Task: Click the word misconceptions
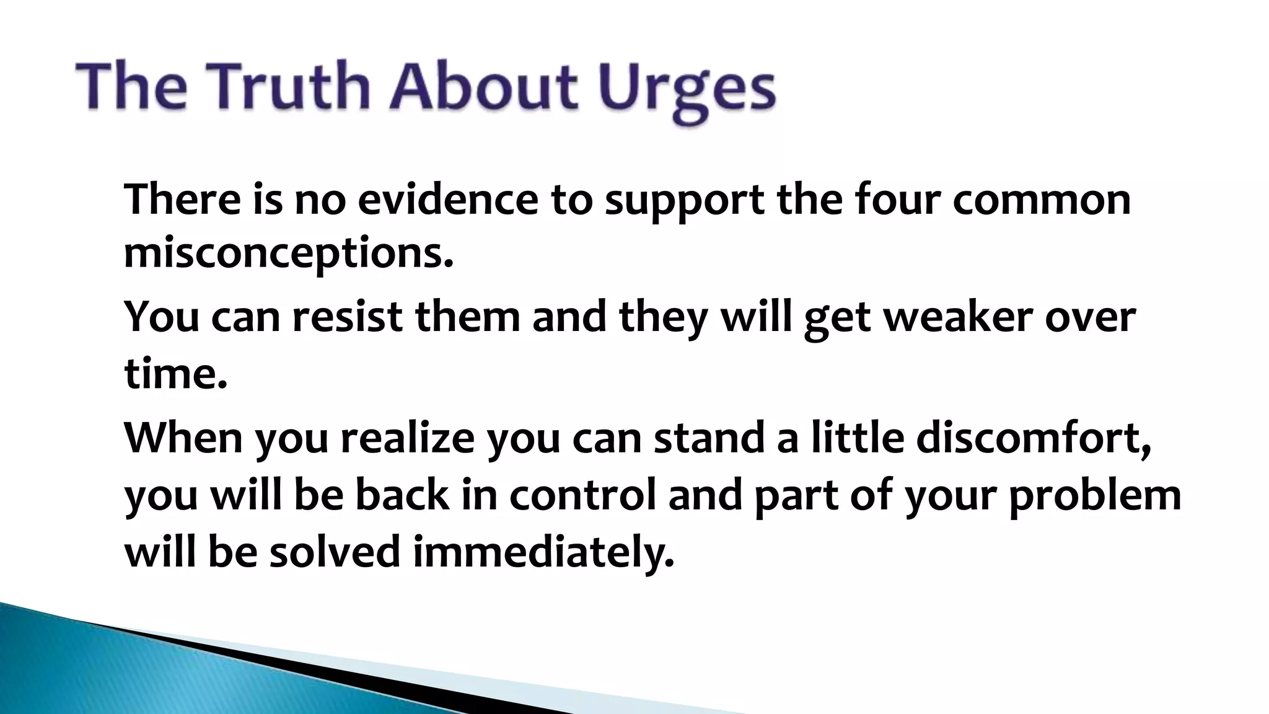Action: pyautogui.click(x=289, y=254)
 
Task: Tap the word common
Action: pyautogui.click(x=1041, y=200)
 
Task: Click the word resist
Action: pyautogui.click(x=347, y=316)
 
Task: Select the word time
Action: pyautogui.click(x=175, y=374)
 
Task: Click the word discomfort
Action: pyautogui.click(x=1034, y=438)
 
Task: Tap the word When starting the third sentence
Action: pyautogui.click(x=183, y=438)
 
